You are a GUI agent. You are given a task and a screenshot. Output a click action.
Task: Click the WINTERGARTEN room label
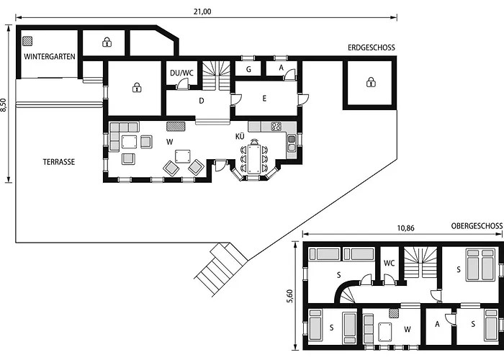50,56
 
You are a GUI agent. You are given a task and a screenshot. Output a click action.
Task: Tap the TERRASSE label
58,162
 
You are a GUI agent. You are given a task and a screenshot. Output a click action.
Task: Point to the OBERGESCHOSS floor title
477,226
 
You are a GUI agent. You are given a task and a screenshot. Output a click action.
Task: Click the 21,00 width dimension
202,11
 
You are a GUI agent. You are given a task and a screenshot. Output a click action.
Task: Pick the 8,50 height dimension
5,105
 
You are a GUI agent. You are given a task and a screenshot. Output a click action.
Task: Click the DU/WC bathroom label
181,73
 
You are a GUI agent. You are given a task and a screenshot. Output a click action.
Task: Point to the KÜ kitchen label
240,136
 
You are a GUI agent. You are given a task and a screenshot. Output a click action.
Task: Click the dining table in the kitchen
253,157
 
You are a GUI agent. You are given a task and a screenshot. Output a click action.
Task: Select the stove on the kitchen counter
276,127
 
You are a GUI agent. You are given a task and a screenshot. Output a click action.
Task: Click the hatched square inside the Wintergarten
27,41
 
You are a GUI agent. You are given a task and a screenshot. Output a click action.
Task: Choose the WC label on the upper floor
389,263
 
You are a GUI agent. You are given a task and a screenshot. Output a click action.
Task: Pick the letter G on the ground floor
248,70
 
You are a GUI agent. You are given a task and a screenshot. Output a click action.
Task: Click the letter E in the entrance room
265,99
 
